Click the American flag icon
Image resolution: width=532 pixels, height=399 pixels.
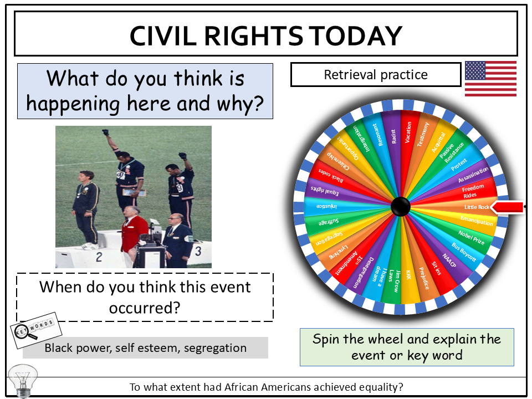coord(490,79)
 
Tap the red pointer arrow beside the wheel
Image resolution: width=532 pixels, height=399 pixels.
coord(508,207)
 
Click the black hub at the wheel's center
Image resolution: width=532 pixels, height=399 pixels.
coord(401,207)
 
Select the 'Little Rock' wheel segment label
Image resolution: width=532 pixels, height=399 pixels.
coord(476,207)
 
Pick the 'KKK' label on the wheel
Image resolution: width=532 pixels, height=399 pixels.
coord(409,275)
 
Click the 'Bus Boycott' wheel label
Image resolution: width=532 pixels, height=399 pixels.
coord(464,252)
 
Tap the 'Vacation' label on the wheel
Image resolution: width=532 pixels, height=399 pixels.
coord(409,133)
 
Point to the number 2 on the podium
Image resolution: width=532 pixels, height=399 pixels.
coord(99,256)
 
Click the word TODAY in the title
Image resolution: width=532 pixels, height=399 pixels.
coord(355,36)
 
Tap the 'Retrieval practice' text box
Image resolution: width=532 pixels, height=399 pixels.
coord(375,74)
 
